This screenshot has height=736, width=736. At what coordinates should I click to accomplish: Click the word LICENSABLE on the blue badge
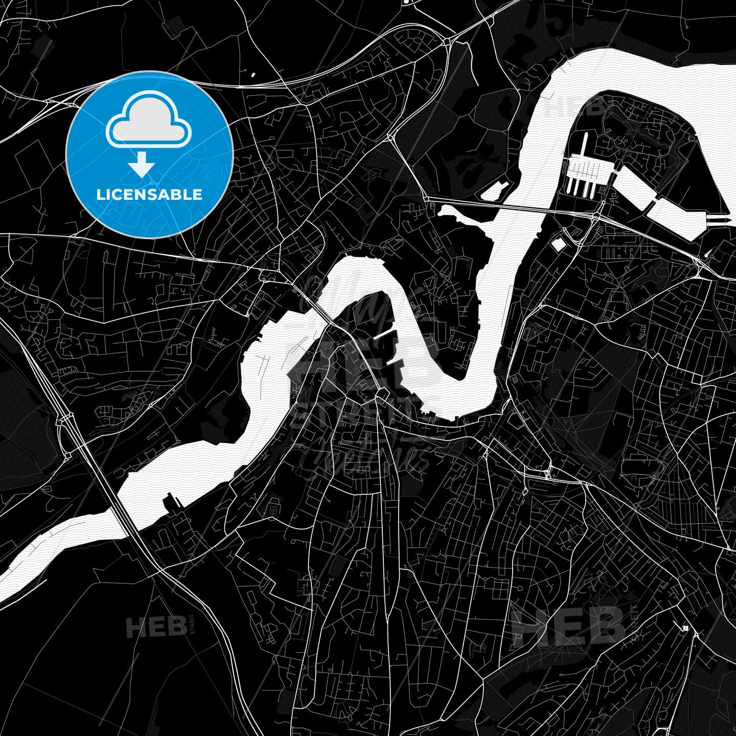click(149, 194)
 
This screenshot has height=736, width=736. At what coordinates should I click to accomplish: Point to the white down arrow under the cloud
click(142, 165)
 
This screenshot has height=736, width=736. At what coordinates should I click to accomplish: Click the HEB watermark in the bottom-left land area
click(156, 626)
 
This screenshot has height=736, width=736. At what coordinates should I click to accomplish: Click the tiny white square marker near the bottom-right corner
click(685, 628)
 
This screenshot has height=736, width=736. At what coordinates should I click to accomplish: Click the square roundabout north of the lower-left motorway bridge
click(66, 419)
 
